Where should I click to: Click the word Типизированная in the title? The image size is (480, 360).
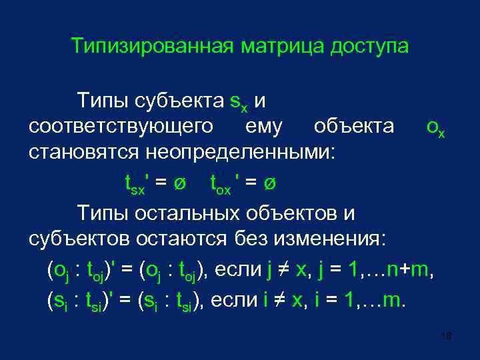(152, 47)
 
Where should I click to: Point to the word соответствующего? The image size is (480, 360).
(121, 126)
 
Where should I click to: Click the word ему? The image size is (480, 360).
(264, 126)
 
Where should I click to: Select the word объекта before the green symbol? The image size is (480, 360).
(354, 126)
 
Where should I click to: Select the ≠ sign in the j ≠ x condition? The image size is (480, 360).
(283, 271)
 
